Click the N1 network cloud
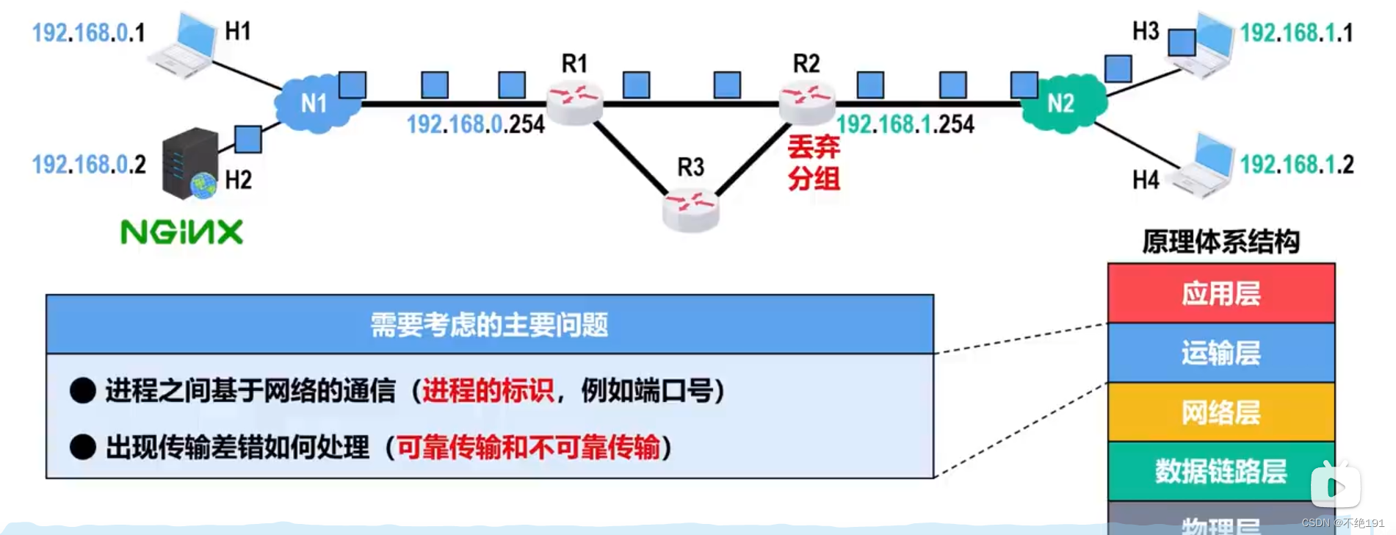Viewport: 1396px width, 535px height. point(314,103)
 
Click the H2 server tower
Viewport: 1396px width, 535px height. point(189,164)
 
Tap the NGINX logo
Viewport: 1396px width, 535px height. point(181,232)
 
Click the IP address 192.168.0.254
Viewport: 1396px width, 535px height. point(476,124)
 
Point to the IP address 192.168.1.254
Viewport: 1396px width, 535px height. point(905,124)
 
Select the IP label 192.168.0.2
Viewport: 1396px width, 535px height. point(89,164)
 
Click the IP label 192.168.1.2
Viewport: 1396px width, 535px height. point(1297,164)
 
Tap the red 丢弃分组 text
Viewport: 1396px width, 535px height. point(814,162)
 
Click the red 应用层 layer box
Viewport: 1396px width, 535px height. point(1220,293)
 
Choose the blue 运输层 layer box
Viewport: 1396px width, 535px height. point(1220,353)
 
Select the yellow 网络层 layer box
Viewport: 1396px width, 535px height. point(1220,412)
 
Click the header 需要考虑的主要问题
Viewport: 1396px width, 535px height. point(489,324)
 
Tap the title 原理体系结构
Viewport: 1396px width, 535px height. point(1220,241)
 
